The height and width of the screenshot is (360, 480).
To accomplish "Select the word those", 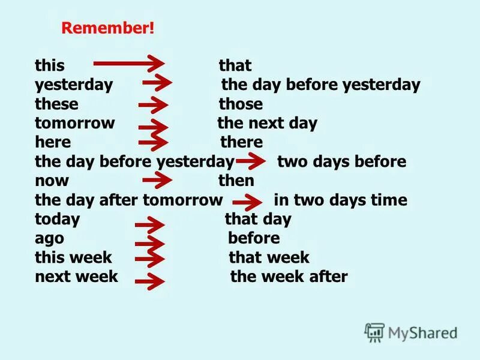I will pyautogui.click(x=241, y=104).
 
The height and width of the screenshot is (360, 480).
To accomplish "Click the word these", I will pyautogui.click(x=56, y=104).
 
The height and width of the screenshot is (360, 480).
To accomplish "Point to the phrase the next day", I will pyautogui.click(x=267, y=124).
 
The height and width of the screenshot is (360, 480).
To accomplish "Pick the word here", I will pyautogui.click(x=53, y=142).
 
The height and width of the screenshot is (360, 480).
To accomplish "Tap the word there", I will pyautogui.click(x=242, y=142).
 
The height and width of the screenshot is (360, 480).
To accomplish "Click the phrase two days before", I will pyautogui.click(x=341, y=161).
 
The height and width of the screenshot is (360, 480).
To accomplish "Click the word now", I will pyautogui.click(x=52, y=181).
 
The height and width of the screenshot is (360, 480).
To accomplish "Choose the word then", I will pyautogui.click(x=236, y=181).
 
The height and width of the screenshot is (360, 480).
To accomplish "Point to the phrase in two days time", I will pyautogui.click(x=340, y=200).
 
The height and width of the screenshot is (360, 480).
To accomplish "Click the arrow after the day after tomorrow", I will pyautogui.click(x=247, y=202).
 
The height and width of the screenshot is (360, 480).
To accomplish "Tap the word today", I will pyautogui.click(x=57, y=219).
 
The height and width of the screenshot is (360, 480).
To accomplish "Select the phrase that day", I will pyautogui.click(x=258, y=219).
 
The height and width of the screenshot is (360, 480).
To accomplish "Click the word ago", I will pyautogui.click(x=49, y=238).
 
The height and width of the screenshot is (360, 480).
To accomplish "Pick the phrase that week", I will pyautogui.click(x=269, y=257).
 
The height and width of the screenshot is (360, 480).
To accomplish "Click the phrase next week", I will pyautogui.click(x=76, y=277).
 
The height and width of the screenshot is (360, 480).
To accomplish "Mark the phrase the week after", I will pyautogui.click(x=289, y=277).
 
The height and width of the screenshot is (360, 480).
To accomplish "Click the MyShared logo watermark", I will pyautogui.click(x=412, y=332).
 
